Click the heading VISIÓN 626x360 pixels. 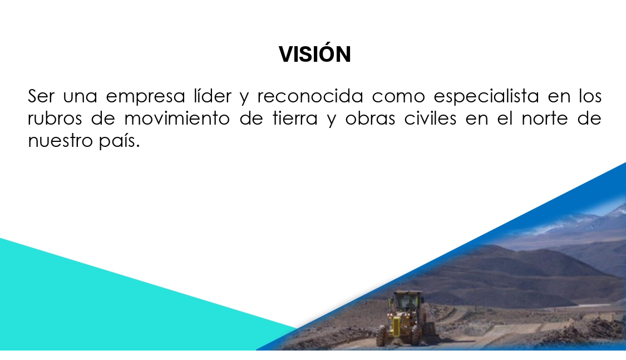pos(314,54)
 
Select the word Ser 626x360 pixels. pos(41,96)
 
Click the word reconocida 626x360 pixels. pos(310,96)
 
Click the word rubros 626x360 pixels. pos(55,118)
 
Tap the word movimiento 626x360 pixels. pos(177,118)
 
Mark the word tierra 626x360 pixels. pos(295,118)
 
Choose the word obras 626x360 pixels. pos(370,118)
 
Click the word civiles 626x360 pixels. pos(430,118)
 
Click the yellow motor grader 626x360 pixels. pos(405,318)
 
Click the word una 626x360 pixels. pos(80,98)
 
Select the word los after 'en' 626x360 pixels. pos(590,96)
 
